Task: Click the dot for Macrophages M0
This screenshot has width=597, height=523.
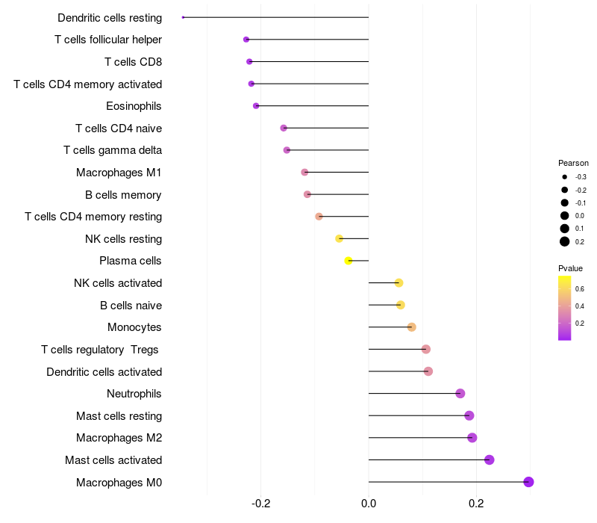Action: (x=528, y=482)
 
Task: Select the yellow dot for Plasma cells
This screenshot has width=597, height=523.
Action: (x=348, y=261)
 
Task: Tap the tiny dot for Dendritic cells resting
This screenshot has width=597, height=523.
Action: (x=183, y=17)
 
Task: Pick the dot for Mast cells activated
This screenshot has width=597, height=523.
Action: (x=490, y=459)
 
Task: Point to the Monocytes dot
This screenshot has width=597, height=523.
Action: (x=412, y=327)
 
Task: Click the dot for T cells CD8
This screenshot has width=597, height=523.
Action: (x=249, y=62)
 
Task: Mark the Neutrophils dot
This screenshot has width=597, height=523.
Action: (x=460, y=394)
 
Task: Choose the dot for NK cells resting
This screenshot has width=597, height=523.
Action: (x=339, y=238)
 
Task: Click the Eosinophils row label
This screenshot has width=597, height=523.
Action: (x=134, y=106)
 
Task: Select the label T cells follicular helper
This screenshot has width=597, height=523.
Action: (x=108, y=40)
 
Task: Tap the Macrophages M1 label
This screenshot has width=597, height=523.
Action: (x=119, y=173)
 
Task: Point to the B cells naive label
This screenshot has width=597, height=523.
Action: (x=131, y=306)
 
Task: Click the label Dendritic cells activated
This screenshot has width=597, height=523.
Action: (x=104, y=371)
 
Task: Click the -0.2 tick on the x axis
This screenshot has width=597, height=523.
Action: (x=260, y=504)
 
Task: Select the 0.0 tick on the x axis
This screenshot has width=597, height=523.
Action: (x=369, y=504)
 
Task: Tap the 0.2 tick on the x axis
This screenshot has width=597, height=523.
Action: (x=476, y=504)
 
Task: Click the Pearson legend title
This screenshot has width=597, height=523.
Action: (x=573, y=163)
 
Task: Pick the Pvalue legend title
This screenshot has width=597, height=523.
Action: (x=570, y=268)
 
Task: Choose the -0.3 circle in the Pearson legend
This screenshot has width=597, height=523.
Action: (x=565, y=177)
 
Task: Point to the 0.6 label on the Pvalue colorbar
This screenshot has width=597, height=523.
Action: (x=580, y=289)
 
